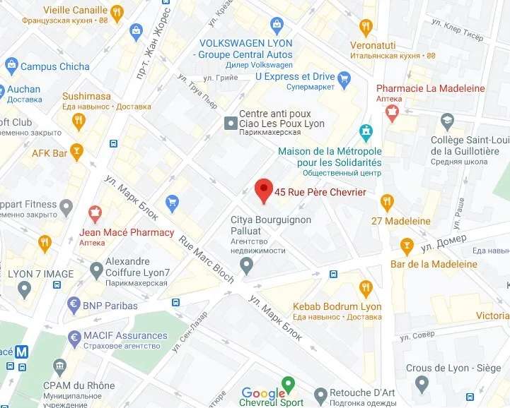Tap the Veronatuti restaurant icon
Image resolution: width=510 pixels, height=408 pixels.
click(x=365, y=28)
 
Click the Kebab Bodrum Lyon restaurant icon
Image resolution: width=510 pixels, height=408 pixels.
click(x=365, y=288)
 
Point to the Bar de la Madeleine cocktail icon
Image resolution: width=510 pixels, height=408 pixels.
click(x=406, y=246)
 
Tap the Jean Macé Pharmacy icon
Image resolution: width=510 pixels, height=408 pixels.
click(x=95, y=212)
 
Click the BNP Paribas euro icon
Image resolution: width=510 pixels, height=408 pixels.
click(x=73, y=306)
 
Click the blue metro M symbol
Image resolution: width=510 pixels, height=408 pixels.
click(x=23, y=351)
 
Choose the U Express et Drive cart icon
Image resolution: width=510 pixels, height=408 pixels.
click(x=344, y=77)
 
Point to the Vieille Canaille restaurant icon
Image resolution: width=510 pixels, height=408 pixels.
click(x=117, y=11)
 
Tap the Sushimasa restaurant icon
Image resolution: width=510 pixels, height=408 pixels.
click(x=79, y=121)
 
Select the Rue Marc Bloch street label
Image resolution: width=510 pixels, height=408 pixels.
click(x=206, y=259)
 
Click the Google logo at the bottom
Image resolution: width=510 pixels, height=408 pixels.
click(x=263, y=393)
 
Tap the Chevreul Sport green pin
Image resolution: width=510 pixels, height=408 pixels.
click(x=287, y=385)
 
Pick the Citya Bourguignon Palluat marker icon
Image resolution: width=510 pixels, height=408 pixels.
click(x=246, y=266)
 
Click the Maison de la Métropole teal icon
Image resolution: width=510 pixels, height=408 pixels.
click(x=365, y=131)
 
